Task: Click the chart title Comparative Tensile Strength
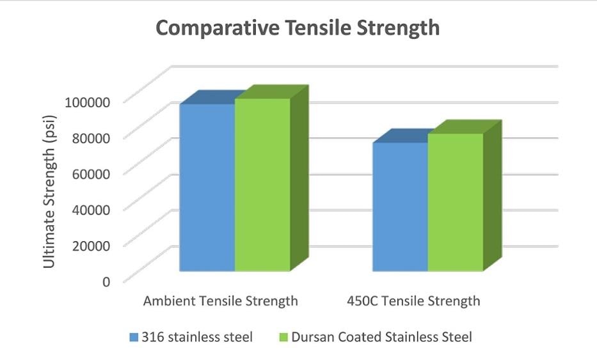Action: point(298,28)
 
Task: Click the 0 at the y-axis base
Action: point(106,280)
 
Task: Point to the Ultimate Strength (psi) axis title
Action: point(49,192)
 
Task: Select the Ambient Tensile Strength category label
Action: point(221,301)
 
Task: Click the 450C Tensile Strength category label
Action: point(413,301)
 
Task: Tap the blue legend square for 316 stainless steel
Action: point(133,337)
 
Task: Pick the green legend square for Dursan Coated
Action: point(283,337)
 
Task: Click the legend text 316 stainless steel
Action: point(198,337)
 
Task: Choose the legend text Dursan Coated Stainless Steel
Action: point(381,337)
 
